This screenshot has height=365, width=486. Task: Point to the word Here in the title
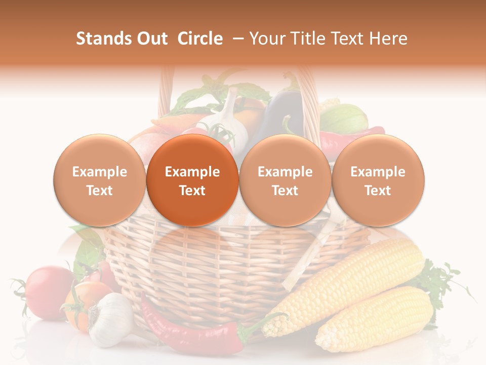(389, 39)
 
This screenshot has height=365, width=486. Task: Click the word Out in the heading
(151, 39)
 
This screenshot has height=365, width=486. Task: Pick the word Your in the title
(266, 39)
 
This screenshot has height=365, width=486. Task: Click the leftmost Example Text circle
(100, 180)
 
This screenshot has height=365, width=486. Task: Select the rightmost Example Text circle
(378, 180)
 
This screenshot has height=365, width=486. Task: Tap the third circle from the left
(285, 180)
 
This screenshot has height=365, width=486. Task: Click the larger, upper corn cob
(349, 284)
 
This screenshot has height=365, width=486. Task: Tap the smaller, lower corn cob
(375, 319)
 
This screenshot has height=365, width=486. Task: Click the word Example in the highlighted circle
(192, 172)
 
